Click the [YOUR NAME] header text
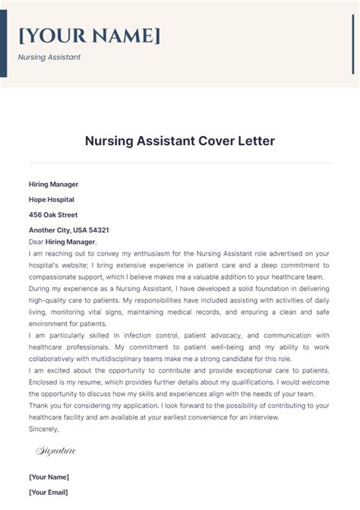click(x=89, y=36)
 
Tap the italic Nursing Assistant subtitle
click(x=49, y=57)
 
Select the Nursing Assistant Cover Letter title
click(x=179, y=141)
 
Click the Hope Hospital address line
click(x=52, y=199)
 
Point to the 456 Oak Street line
click(x=53, y=214)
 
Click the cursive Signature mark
click(x=56, y=451)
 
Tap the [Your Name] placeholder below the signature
click(x=49, y=477)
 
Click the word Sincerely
click(x=44, y=429)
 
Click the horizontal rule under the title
click(x=179, y=163)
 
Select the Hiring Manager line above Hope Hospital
click(x=53, y=184)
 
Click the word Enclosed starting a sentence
click(x=45, y=382)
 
